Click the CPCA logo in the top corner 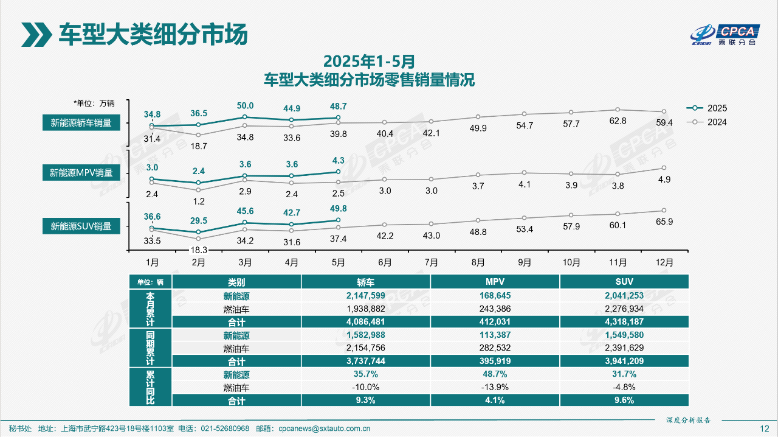(725, 35)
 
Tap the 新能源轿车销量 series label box (81, 122)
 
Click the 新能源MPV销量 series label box (81, 173)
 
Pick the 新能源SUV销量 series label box (81, 226)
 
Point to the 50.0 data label (245, 105)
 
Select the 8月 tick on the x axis (478, 262)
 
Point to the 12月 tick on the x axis (664, 262)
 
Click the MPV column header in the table (495, 282)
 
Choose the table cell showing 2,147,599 (365, 296)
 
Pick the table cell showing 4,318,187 (624, 321)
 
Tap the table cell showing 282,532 (495, 348)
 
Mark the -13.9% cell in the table (495, 387)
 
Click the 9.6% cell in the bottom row (624, 400)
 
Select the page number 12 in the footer (765, 428)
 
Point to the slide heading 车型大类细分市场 (153, 34)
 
